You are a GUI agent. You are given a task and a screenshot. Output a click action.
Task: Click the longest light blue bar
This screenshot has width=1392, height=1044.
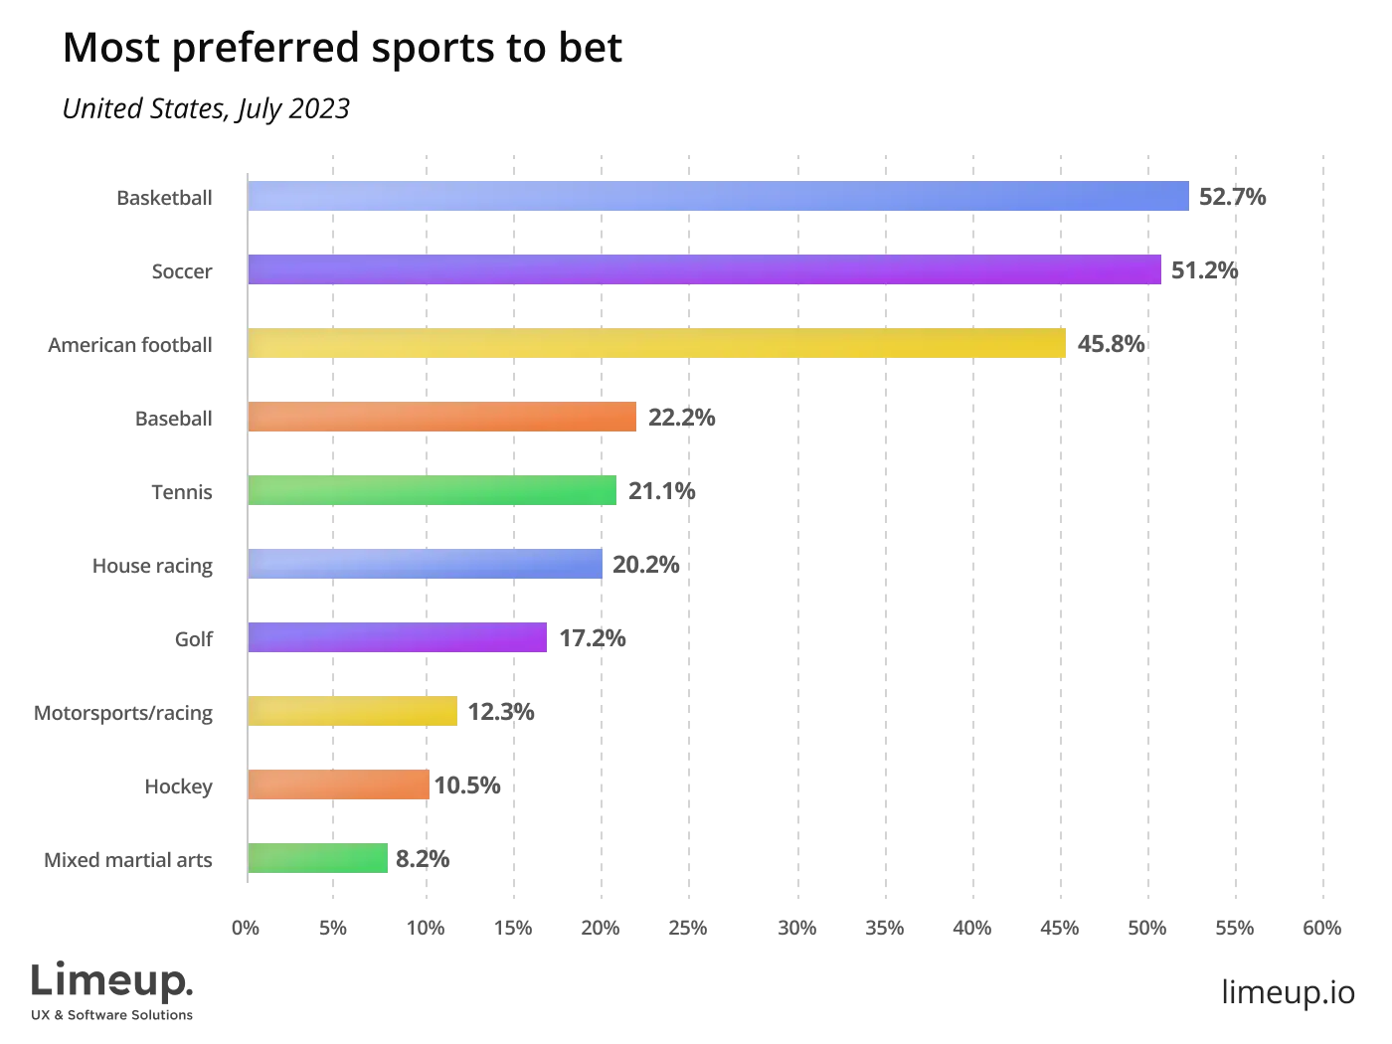(x=719, y=196)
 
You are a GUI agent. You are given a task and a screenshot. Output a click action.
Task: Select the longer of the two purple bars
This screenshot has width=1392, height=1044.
(x=704, y=269)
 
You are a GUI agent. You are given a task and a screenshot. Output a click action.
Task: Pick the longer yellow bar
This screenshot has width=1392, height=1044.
(x=656, y=344)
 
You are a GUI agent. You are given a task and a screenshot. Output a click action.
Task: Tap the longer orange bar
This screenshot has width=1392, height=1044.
(x=441, y=418)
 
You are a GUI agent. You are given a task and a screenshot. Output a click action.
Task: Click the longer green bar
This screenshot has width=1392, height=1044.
(x=434, y=491)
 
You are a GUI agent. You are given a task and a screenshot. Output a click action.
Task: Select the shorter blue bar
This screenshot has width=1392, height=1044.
(x=426, y=565)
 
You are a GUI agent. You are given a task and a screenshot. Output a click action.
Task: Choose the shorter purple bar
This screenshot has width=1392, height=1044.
(x=398, y=637)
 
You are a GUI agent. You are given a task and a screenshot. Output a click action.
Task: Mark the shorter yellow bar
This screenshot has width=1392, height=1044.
(x=353, y=712)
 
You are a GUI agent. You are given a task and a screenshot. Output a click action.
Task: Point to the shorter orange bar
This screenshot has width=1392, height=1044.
(x=338, y=785)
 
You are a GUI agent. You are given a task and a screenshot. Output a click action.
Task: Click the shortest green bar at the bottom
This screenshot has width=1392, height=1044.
(x=318, y=859)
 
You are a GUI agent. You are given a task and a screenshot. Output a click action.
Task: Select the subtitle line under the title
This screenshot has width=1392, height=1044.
(x=206, y=106)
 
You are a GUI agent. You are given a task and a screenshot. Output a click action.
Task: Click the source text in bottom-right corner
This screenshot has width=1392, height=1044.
(x=1287, y=991)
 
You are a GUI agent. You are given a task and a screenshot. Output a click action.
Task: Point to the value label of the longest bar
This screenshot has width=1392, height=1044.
(x=1232, y=196)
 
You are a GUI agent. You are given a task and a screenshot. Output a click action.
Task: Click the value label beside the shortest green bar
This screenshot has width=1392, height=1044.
(x=425, y=859)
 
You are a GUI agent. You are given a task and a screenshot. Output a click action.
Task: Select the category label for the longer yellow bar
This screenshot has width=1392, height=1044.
(x=131, y=345)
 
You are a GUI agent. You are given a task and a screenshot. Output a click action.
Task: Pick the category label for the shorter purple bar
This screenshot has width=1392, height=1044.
(x=195, y=639)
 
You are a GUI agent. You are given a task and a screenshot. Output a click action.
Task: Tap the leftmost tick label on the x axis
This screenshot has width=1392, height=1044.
(x=247, y=927)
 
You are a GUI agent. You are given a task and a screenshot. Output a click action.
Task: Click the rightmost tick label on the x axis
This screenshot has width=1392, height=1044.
(x=1322, y=927)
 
